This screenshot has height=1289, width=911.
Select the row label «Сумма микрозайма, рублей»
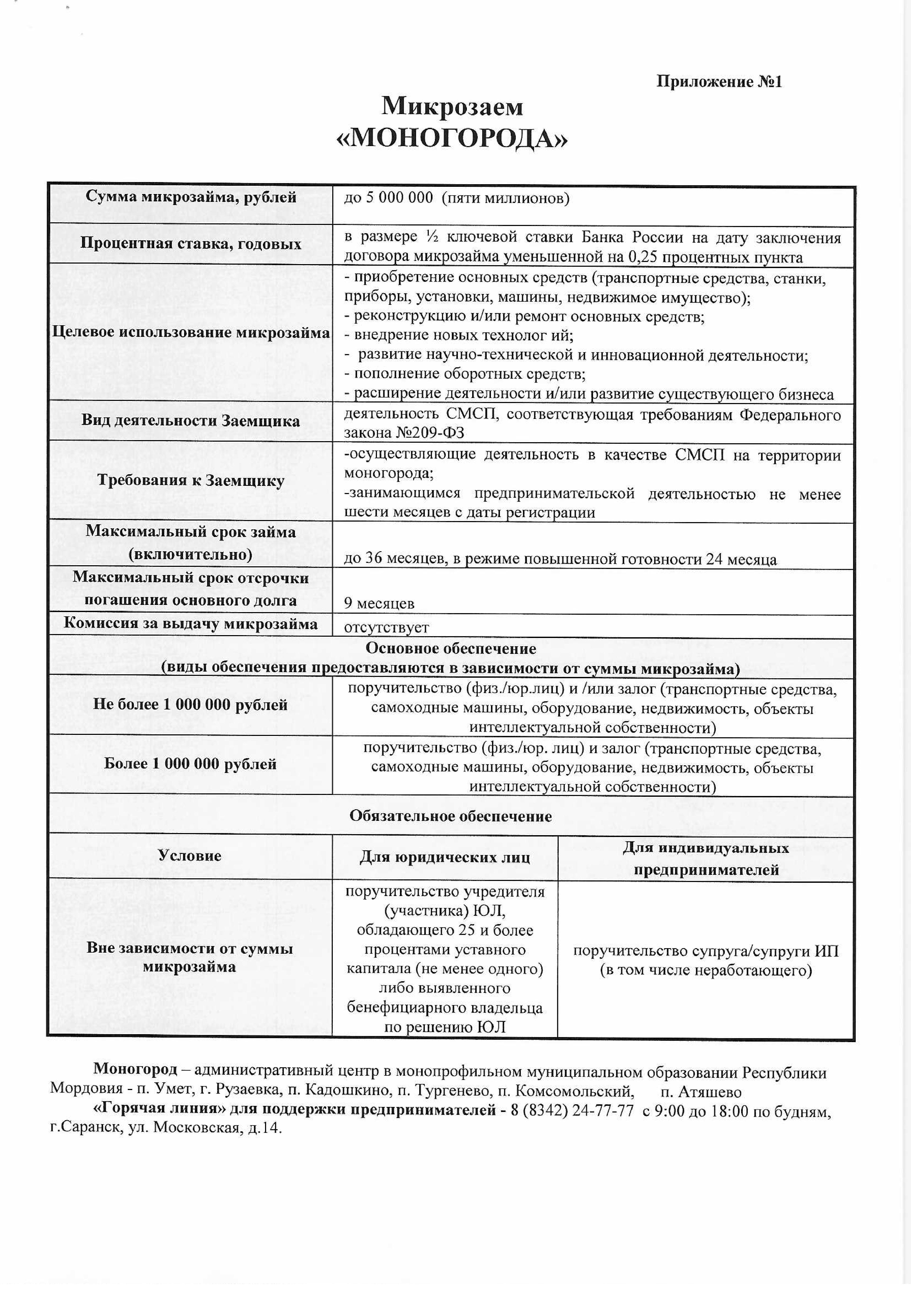click(191, 197)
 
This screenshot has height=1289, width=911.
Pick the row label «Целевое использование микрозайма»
click(191, 332)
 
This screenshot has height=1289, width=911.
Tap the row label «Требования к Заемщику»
click(191, 481)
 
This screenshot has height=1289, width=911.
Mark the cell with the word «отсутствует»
click(386, 627)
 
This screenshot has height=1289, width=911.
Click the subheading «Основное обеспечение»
click(451, 648)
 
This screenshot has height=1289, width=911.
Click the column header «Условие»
click(190, 856)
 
